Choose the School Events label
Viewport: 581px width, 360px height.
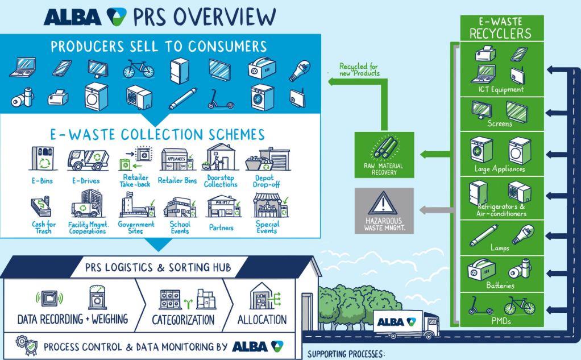point(180,227)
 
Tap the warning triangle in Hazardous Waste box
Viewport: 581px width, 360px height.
point(384,201)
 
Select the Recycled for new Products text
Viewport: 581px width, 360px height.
point(359,70)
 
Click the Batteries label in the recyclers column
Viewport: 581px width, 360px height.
point(500,285)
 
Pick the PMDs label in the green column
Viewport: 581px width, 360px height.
point(500,321)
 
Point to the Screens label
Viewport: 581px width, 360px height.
point(500,123)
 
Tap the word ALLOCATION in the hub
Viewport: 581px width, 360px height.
point(262,319)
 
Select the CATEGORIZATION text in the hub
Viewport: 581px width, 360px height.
point(183,320)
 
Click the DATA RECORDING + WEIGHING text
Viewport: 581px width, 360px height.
point(73,318)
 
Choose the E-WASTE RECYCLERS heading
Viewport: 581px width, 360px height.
point(500,29)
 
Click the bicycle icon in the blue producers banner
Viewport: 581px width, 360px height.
point(139,69)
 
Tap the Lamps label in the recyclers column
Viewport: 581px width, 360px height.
point(500,249)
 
